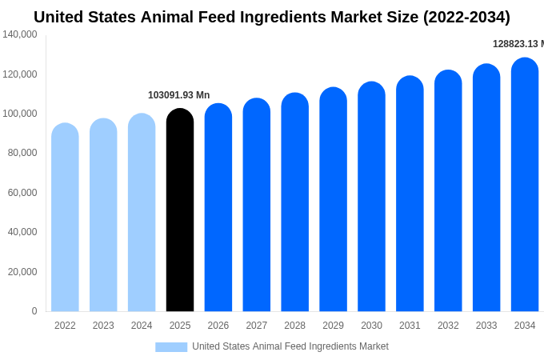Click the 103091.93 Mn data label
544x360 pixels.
point(178,95)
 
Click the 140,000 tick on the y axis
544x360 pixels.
point(20,34)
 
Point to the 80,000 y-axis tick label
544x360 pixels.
point(22,153)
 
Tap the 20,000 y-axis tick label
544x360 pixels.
point(22,272)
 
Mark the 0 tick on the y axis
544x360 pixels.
point(34,311)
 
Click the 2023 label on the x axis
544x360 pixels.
point(103,326)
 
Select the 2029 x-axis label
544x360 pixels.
point(333,326)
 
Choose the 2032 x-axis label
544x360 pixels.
point(448,326)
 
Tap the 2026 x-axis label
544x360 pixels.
point(218,326)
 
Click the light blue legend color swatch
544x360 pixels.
point(171,347)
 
